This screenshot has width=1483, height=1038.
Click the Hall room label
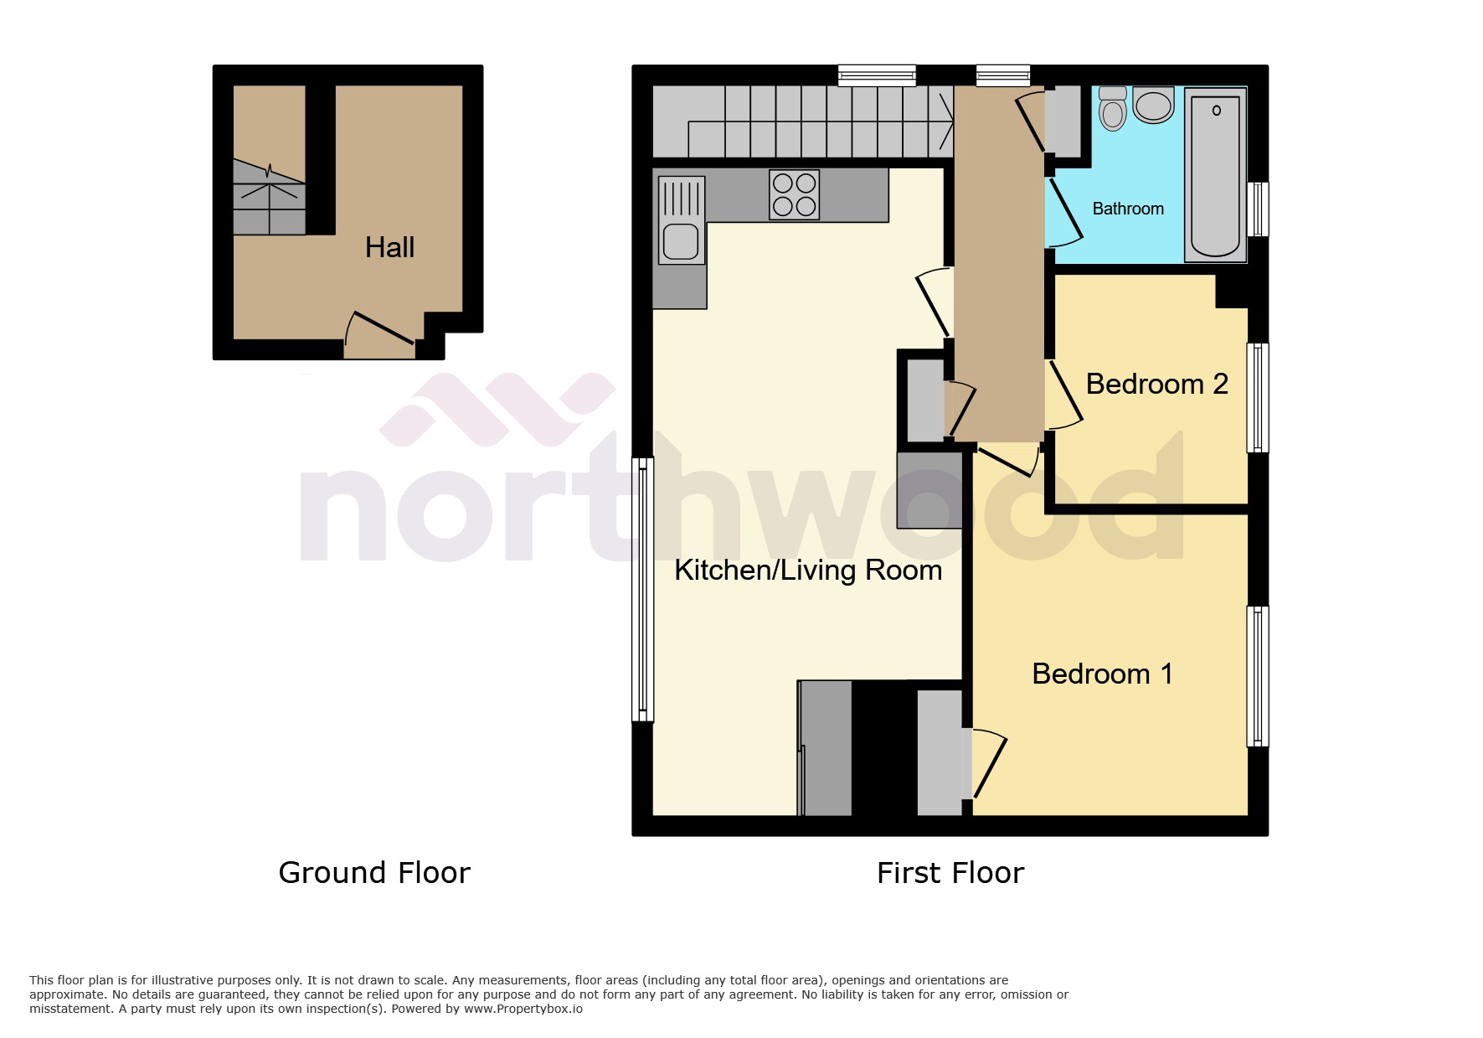pyautogui.click(x=389, y=247)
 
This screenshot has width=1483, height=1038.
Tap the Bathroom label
pyautogui.click(x=1127, y=209)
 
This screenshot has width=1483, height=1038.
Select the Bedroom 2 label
pyautogui.click(x=1156, y=384)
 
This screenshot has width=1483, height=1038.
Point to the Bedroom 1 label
pyautogui.click(x=1102, y=674)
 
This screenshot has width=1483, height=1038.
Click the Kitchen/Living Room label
pyautogui.click(x=808, y=571)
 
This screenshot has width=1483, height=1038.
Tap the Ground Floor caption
pyautogui.click(x=374, y=873)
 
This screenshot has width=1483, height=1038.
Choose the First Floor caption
pyautogui.click(x=950, y=873)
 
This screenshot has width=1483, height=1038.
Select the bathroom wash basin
pyautogui.click(x=1154, y=106)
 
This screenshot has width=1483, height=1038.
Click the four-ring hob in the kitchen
pyautogui.click(x=795, y=194)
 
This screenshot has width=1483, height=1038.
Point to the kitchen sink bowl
pyautogui.click(x=681, y=241)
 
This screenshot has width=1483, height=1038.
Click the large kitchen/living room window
pyautogui.click(x=642, y=589)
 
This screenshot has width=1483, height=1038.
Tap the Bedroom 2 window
pyautogui.click(x=1258, y=398)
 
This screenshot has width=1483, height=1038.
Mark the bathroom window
pyautogui.click(x=1258, y=209)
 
